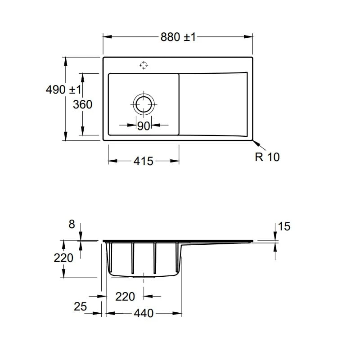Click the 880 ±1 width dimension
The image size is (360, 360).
point(178,37)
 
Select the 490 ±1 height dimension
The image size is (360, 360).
point(63,90)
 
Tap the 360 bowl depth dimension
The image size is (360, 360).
point(82,104)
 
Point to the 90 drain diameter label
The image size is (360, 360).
point(144,126)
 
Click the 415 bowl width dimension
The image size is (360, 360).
point(144,161)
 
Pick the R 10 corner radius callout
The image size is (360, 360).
point(267,157)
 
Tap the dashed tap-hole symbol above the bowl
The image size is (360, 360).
point(144,65)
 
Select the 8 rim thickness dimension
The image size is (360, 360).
point(72,224)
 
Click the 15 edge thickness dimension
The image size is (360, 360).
point(284,226)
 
